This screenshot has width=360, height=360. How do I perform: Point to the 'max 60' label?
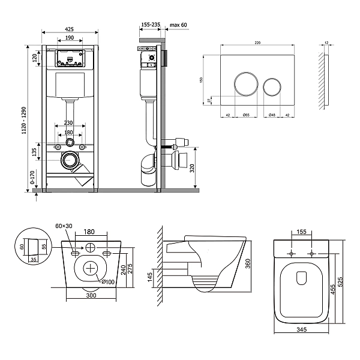pos(179,25)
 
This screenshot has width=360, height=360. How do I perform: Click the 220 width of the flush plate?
pos(257,43)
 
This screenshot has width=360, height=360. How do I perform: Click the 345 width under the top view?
pos(302,346)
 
